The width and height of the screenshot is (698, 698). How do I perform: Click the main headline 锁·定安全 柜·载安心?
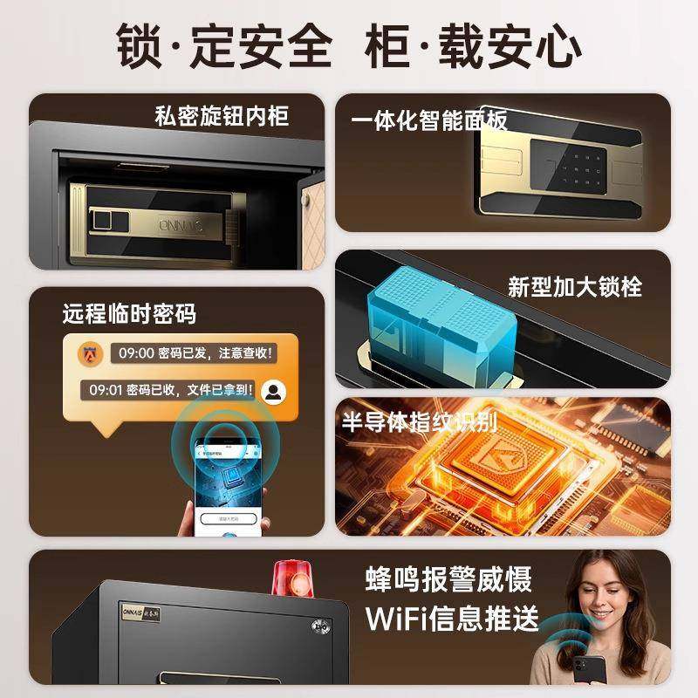point(349,44)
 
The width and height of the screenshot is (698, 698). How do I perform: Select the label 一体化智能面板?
point(429,120)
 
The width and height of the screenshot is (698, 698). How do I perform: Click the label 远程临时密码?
point(128,313)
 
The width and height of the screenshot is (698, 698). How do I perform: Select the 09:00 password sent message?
point(193,353)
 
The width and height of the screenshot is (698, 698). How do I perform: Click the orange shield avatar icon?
point(90,353)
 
